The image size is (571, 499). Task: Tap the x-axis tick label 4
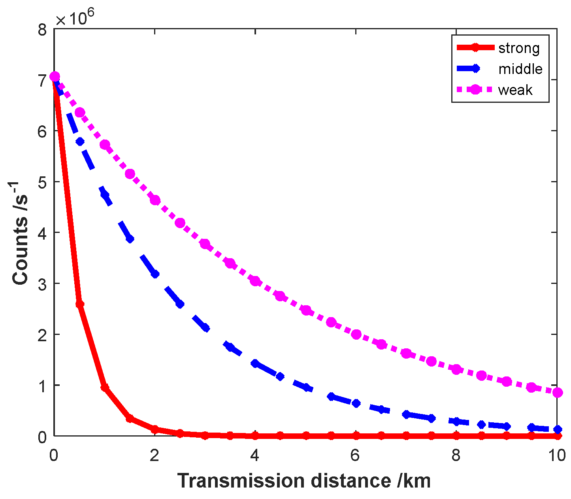(255, 456)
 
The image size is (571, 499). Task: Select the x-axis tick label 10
(557, 456)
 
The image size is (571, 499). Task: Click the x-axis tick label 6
(356, 456)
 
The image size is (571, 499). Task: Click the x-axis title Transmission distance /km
(304, 481)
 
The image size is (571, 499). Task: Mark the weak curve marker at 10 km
(558, 393)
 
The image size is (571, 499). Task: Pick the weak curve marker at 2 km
(155, 200)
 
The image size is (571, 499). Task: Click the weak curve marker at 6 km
(356, 335)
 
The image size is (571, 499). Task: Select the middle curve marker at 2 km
(155, 274)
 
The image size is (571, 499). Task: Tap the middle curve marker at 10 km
(558, 429)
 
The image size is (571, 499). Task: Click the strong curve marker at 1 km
(105, 387)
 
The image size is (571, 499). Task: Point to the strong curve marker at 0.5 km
(79, 304)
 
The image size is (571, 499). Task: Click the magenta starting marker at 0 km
(55, 76)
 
